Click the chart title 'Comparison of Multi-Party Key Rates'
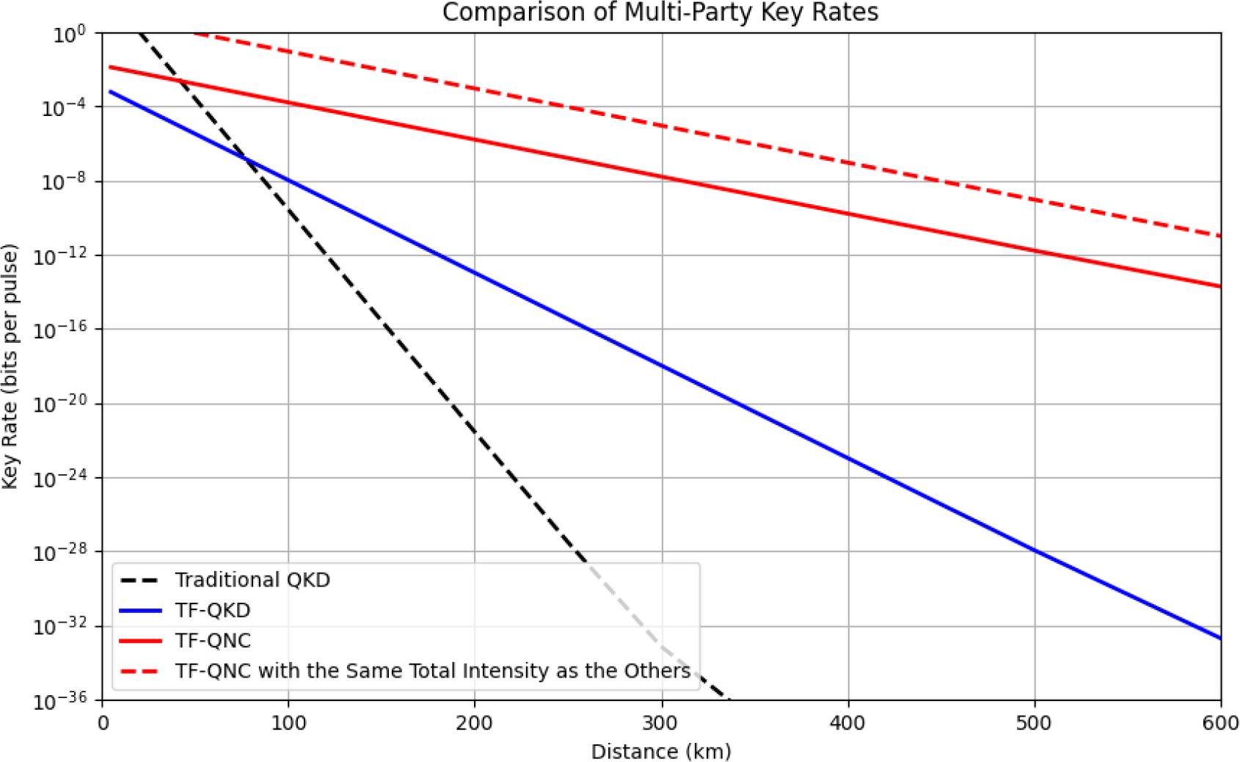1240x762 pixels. click(660, 12)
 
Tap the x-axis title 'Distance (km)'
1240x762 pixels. click(661, 751)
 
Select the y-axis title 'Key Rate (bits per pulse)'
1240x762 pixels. click(10, 366)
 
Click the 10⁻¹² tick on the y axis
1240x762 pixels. click(57, 255)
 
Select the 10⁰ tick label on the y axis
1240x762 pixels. click(70, 34)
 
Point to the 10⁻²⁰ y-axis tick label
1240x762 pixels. click(57, 404)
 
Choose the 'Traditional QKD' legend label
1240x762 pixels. click(252, 580)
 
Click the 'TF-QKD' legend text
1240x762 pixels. click(213, 610)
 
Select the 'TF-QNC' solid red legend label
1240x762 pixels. click(213, 641)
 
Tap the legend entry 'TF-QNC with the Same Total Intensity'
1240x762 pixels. click(433, 671)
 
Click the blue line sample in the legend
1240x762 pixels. click(139, 611)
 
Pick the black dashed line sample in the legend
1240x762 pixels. click(139, 581)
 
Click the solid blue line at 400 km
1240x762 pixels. click(848, 460)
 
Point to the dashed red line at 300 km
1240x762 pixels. click(662, 126)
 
